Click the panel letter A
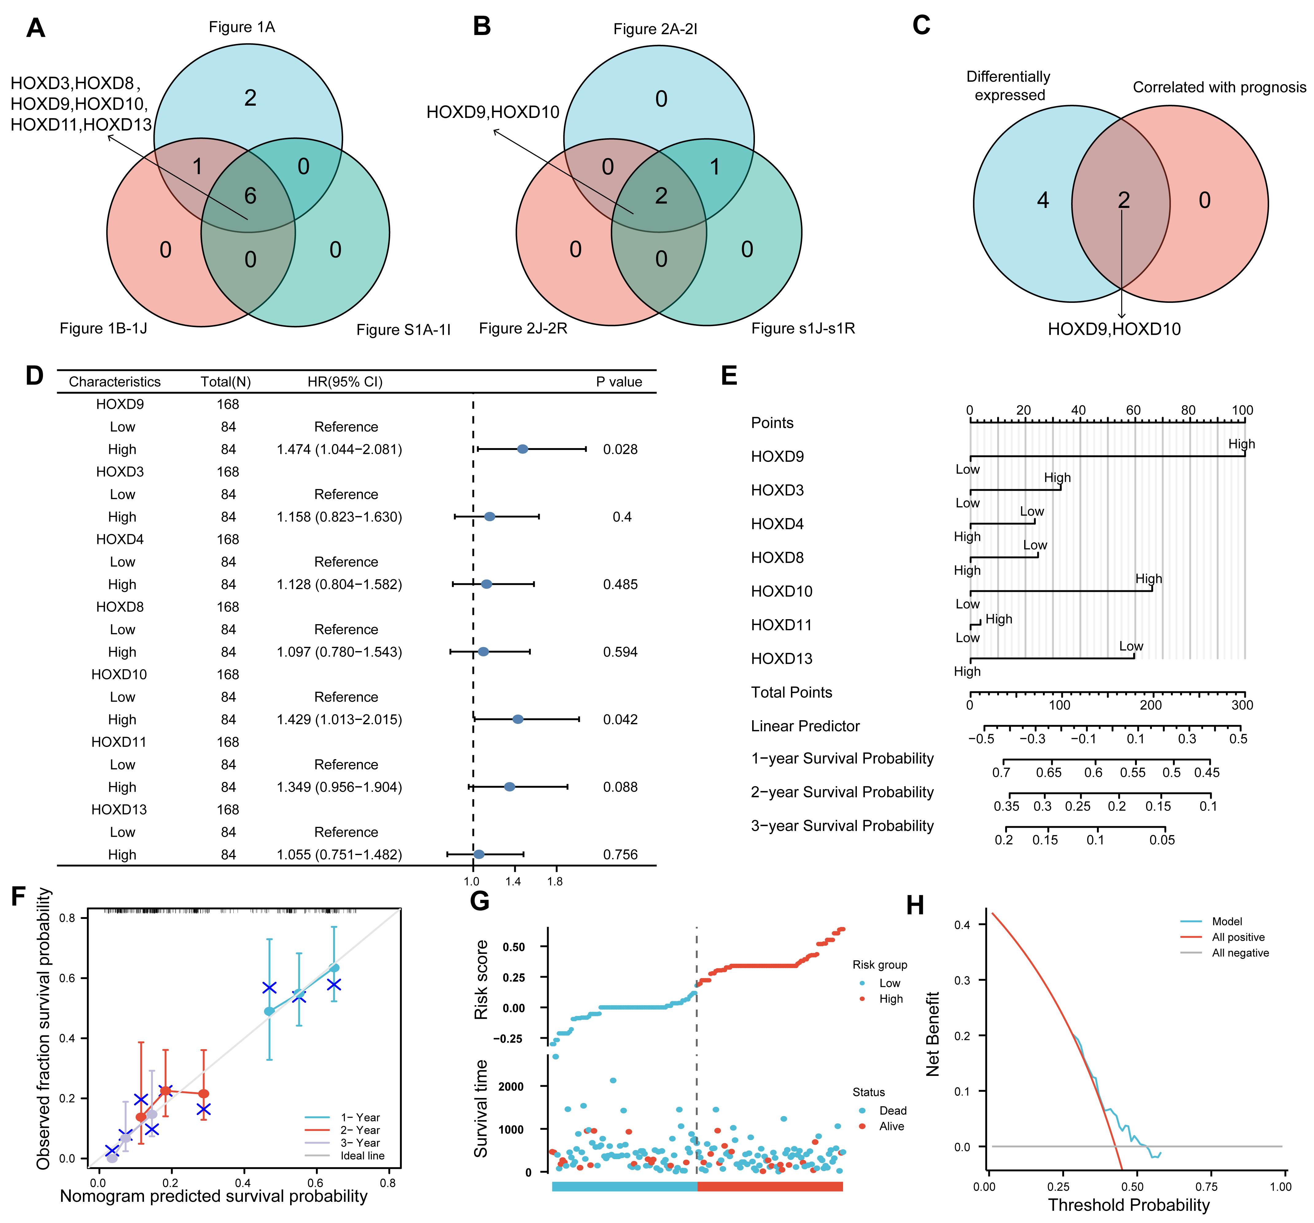click(36, 29)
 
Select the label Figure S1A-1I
click(403, 330)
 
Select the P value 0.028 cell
click(620, 450)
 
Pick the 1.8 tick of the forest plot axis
click(555, 881)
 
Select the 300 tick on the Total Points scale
click(1242, 705)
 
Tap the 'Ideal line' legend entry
click(362, 1155)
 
